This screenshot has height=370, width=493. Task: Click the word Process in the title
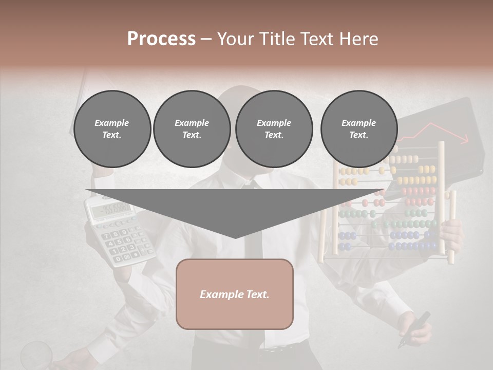tap(161, 39)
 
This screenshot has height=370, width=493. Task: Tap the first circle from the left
tap(112, 129)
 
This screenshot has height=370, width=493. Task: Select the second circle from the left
tap(192, 129)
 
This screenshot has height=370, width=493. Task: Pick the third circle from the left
tap(274, 129)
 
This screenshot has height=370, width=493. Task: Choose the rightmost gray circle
tap(358, 129)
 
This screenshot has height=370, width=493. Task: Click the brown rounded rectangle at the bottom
tap(235, 294)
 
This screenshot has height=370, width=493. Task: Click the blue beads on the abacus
tap(406, 235)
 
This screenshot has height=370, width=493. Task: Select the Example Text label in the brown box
tap(235, 294)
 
